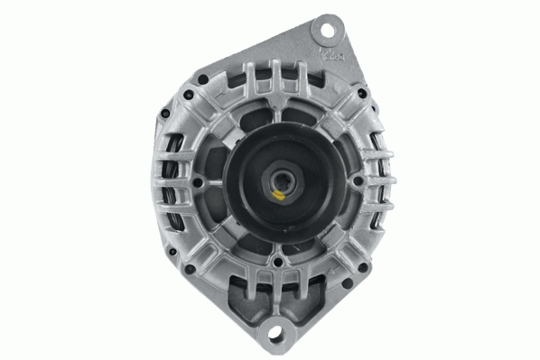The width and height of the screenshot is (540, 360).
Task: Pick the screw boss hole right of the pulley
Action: point(359,180)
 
